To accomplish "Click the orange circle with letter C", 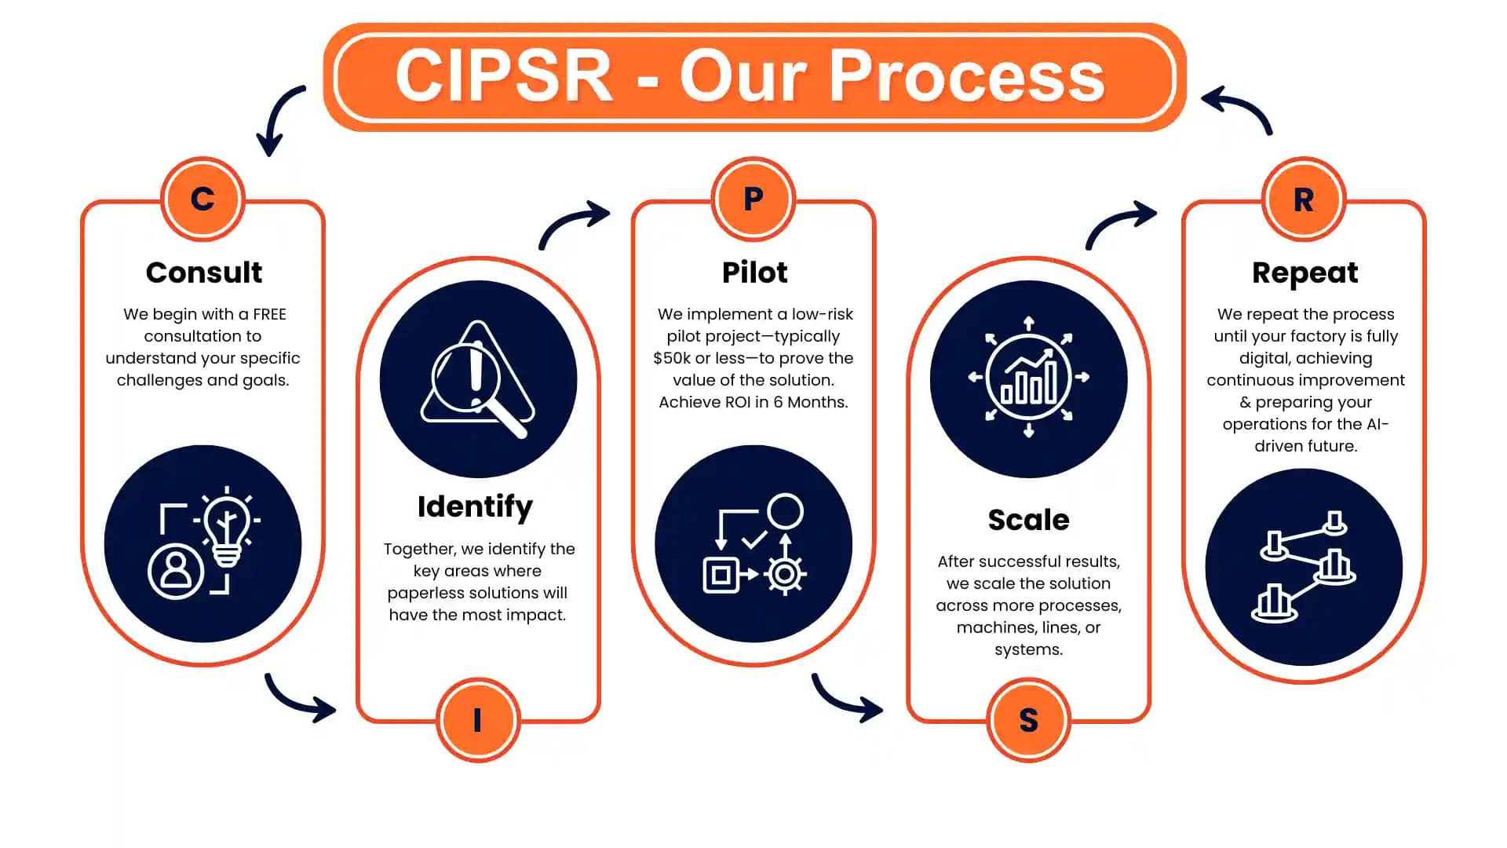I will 203,199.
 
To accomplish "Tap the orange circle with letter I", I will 477,720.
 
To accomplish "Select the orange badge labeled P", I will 753,199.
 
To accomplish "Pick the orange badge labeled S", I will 1028,720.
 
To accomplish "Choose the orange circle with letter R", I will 1304,199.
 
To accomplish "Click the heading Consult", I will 204,272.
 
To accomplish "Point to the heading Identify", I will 475,506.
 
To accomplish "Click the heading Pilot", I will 754,272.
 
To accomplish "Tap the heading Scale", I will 1028,520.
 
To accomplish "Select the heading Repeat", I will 1304,272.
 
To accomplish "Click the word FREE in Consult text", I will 269,314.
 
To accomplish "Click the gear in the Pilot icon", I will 784,574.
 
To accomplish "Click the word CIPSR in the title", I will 503,76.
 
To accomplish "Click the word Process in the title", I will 966,76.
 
